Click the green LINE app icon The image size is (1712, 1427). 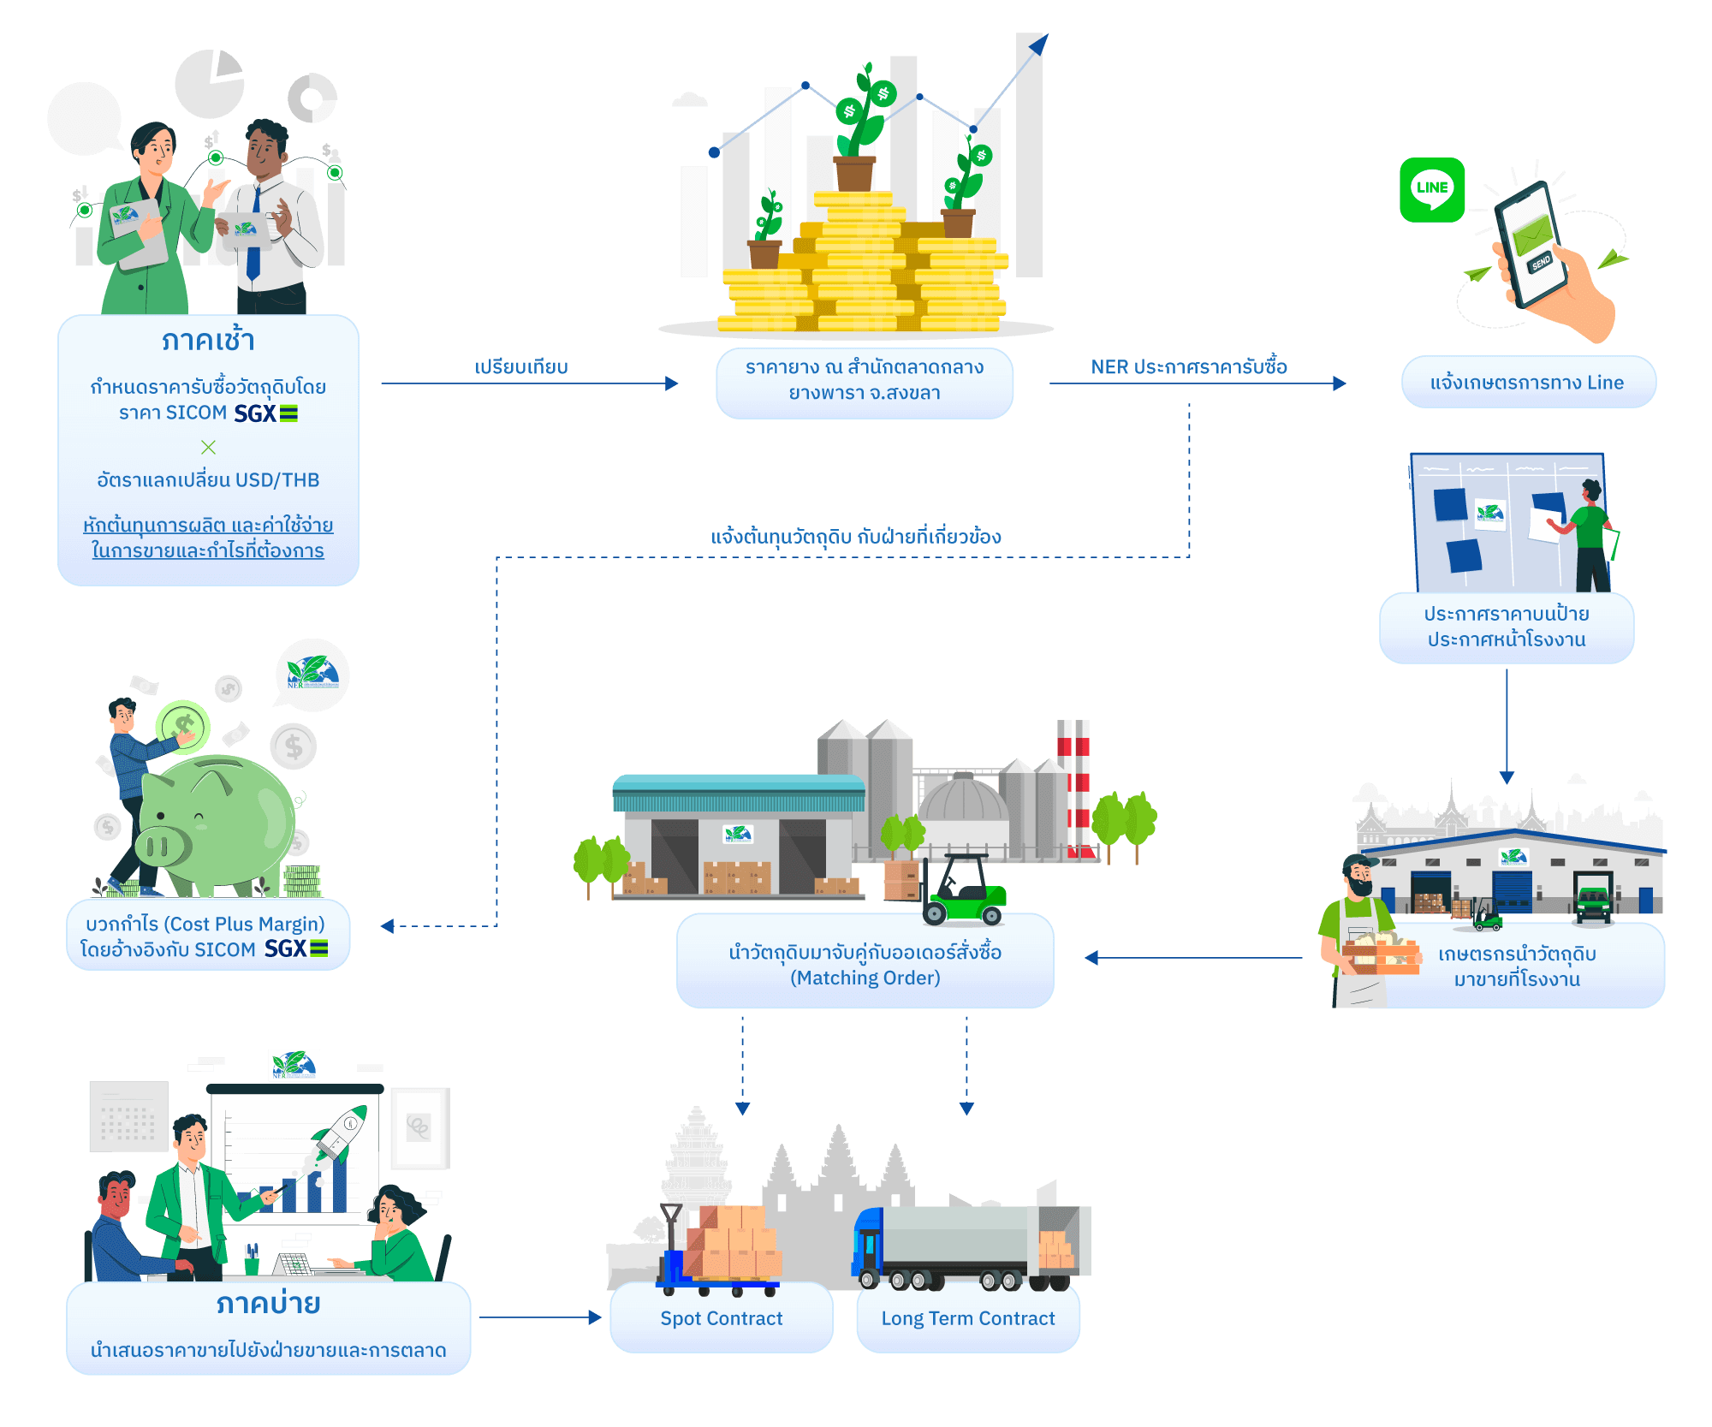click(1432, 190)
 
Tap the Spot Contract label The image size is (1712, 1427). click(722, 1318)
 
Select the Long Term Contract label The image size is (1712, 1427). click(968, 1318)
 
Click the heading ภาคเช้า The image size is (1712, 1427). click(208, 341)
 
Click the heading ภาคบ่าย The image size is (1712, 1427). click(268, 1304)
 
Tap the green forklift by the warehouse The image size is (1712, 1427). click(963, 895)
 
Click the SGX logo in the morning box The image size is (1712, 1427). click(265, 414)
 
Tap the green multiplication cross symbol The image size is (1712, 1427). click(208, 447)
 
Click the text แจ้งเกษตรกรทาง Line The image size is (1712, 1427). click(1527, 383)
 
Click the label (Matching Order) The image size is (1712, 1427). click(865, 978)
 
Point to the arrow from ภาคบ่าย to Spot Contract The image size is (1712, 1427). click(540, 1317)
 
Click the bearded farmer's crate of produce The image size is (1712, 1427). click(1380, 954)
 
